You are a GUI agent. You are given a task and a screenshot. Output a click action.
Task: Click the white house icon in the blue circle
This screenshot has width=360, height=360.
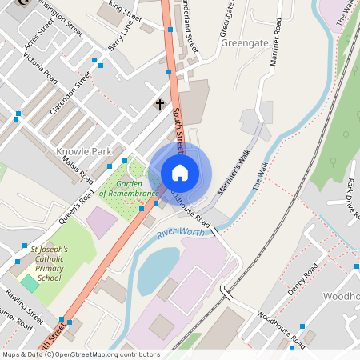[180, 173]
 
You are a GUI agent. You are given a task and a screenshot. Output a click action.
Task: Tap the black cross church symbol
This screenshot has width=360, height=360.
[159, 105]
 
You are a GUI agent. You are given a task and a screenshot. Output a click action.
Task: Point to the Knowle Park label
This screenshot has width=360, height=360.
[83, 151]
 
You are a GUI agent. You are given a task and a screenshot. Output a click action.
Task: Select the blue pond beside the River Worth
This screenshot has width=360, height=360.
[157, 268]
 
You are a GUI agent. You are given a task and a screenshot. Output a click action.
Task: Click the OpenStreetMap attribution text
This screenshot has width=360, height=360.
[81, 354]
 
